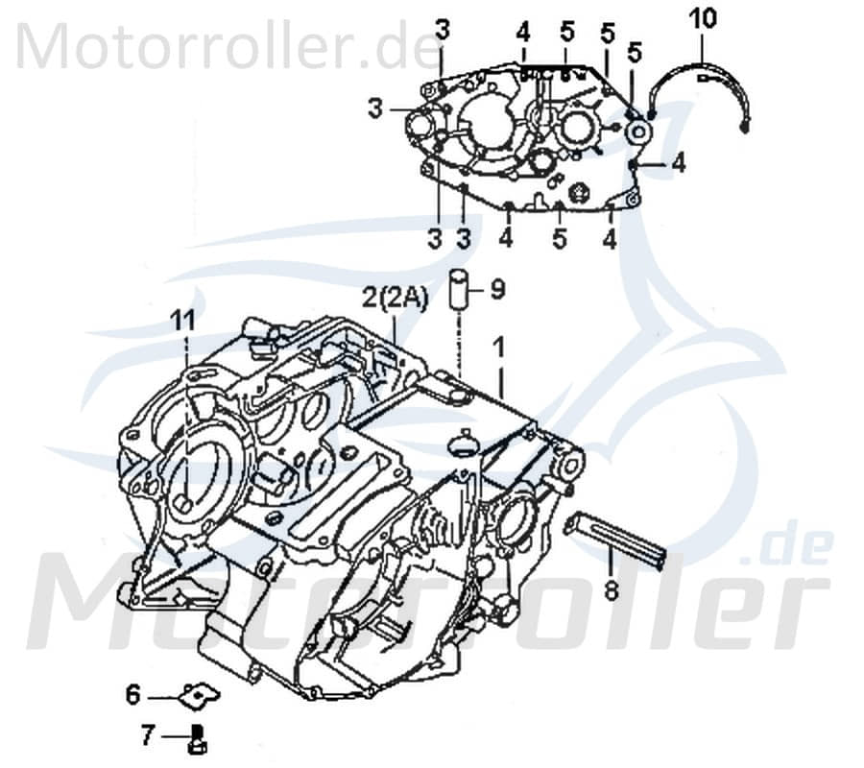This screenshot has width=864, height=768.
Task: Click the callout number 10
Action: [x=703, y=17]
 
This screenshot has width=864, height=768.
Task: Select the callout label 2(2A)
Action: [x=395, y=298]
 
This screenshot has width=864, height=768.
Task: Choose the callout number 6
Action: [x=133, y=692]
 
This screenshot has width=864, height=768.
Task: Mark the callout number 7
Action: [x=147, y=736]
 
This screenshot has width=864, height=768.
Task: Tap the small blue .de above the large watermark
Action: [x=780, y=550]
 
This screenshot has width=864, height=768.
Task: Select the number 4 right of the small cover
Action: [x=679, y=164]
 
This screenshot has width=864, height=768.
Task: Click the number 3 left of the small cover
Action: [x=373, y=109]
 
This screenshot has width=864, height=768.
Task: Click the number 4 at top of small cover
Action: [x=523, y=32]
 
